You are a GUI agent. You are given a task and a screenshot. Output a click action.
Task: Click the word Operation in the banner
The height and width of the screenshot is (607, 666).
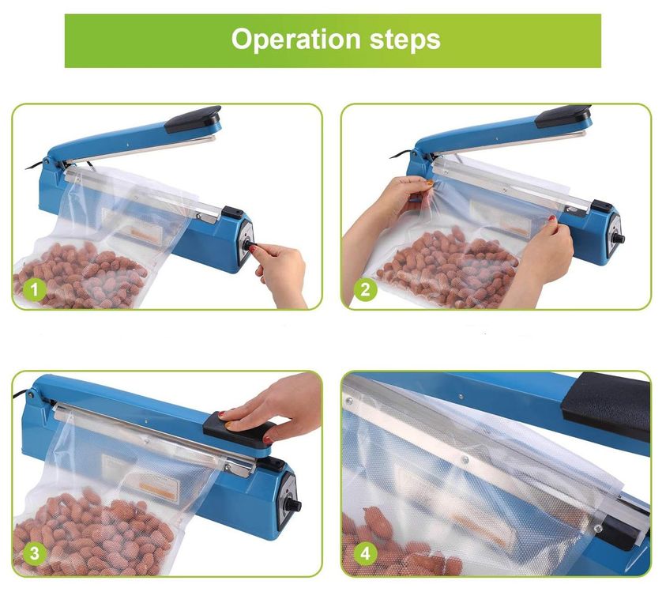(x=296, y=40)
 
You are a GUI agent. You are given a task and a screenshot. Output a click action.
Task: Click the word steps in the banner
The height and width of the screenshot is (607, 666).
(x=404, y=40)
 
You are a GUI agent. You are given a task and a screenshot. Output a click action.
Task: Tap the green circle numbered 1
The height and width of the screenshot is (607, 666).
(x=35, y=290)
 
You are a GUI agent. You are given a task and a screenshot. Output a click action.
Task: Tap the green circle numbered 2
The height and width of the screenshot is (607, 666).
(x=365, y=290)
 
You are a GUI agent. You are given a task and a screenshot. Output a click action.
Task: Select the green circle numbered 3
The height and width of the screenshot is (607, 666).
(x=35, y=553)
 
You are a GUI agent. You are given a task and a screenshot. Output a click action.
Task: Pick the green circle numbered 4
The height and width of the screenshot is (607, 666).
(x=365, y=553)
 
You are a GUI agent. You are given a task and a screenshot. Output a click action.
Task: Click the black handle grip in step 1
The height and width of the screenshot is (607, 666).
(x=194, y=119)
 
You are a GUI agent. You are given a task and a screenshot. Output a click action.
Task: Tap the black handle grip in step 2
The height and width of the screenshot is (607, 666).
(x=563, y=116)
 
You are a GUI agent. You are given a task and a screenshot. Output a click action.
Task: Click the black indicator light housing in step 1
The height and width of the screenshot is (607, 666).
(x=232, y=211)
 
